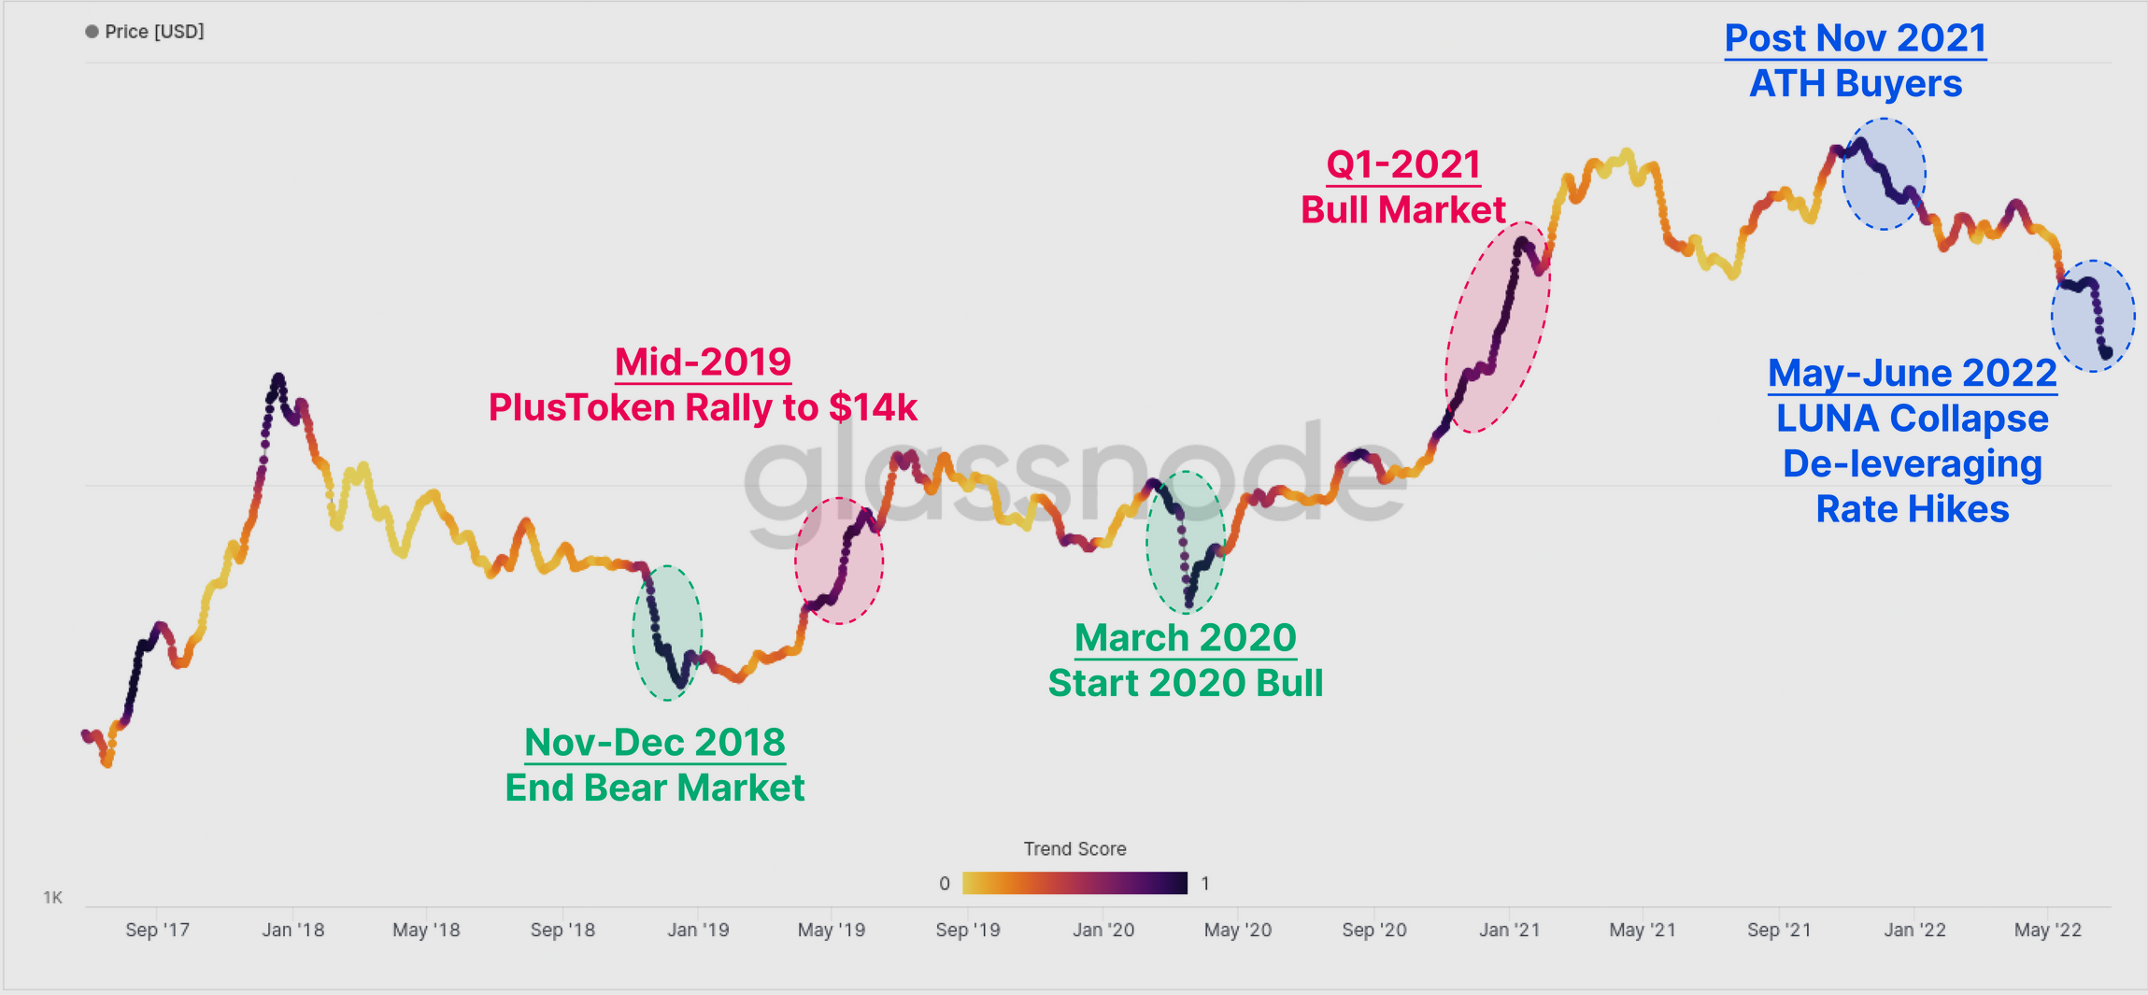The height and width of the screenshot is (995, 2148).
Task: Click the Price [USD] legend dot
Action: [92, 32]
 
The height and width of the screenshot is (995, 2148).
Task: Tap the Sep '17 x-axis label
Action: [157, 930]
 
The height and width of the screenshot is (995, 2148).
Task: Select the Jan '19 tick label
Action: [698, 930]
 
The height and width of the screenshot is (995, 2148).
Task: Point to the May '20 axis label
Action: [1237, 930]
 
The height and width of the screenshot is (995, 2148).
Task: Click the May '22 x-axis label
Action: [2047, 930]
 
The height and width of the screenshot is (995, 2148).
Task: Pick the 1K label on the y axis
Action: [53, 898]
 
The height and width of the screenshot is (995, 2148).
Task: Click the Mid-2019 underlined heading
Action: [703, 362]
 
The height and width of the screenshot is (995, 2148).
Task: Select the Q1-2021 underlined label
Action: [1403, 164]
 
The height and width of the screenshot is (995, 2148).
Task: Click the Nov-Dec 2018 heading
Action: [654, 742]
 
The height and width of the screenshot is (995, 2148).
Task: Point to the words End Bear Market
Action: [654, 788]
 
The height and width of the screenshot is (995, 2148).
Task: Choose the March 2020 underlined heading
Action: [1185, 638]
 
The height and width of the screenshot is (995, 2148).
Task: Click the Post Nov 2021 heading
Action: [1855, 38]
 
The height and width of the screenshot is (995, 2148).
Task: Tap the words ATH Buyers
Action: [1855, 84]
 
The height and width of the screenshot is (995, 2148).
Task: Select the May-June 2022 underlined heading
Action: [1912, 373]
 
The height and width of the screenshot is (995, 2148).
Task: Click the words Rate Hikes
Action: [1912, 509]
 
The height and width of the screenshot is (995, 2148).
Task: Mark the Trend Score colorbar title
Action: [1074, 848]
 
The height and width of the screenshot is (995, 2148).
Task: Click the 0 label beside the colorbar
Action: [945, 884]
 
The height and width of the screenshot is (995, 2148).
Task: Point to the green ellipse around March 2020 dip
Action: [1186, 542]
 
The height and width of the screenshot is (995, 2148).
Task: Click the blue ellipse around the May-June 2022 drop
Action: [2093, 316]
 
